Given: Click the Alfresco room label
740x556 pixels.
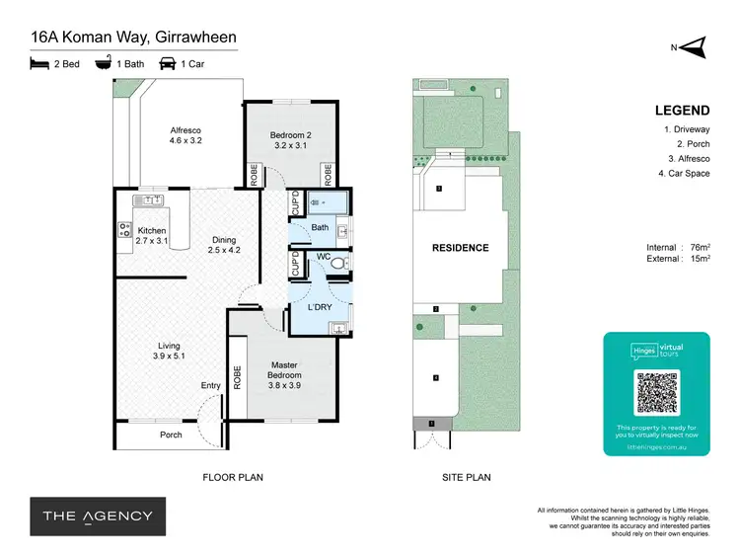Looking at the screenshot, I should coord(185,134).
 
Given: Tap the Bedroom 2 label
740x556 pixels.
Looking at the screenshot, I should coord(290,139).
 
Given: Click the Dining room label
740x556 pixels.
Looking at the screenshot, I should coord(224,244).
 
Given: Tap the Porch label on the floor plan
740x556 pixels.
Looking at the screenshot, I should coord(171,435).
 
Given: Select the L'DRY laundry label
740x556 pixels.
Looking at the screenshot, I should coord(319,308).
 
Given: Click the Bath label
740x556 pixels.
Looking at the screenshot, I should coord(320,228).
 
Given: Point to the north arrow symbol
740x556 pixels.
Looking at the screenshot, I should coord(695,45).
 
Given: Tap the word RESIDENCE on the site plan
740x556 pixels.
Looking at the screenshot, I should coord(460,248).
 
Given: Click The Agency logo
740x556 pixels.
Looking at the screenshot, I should coord(97,516).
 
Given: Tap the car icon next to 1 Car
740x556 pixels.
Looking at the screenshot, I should coord(167,63).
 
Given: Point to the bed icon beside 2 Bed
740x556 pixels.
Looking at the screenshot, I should coord(38,63).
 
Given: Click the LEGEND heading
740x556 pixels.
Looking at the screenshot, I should coord(682,111).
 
